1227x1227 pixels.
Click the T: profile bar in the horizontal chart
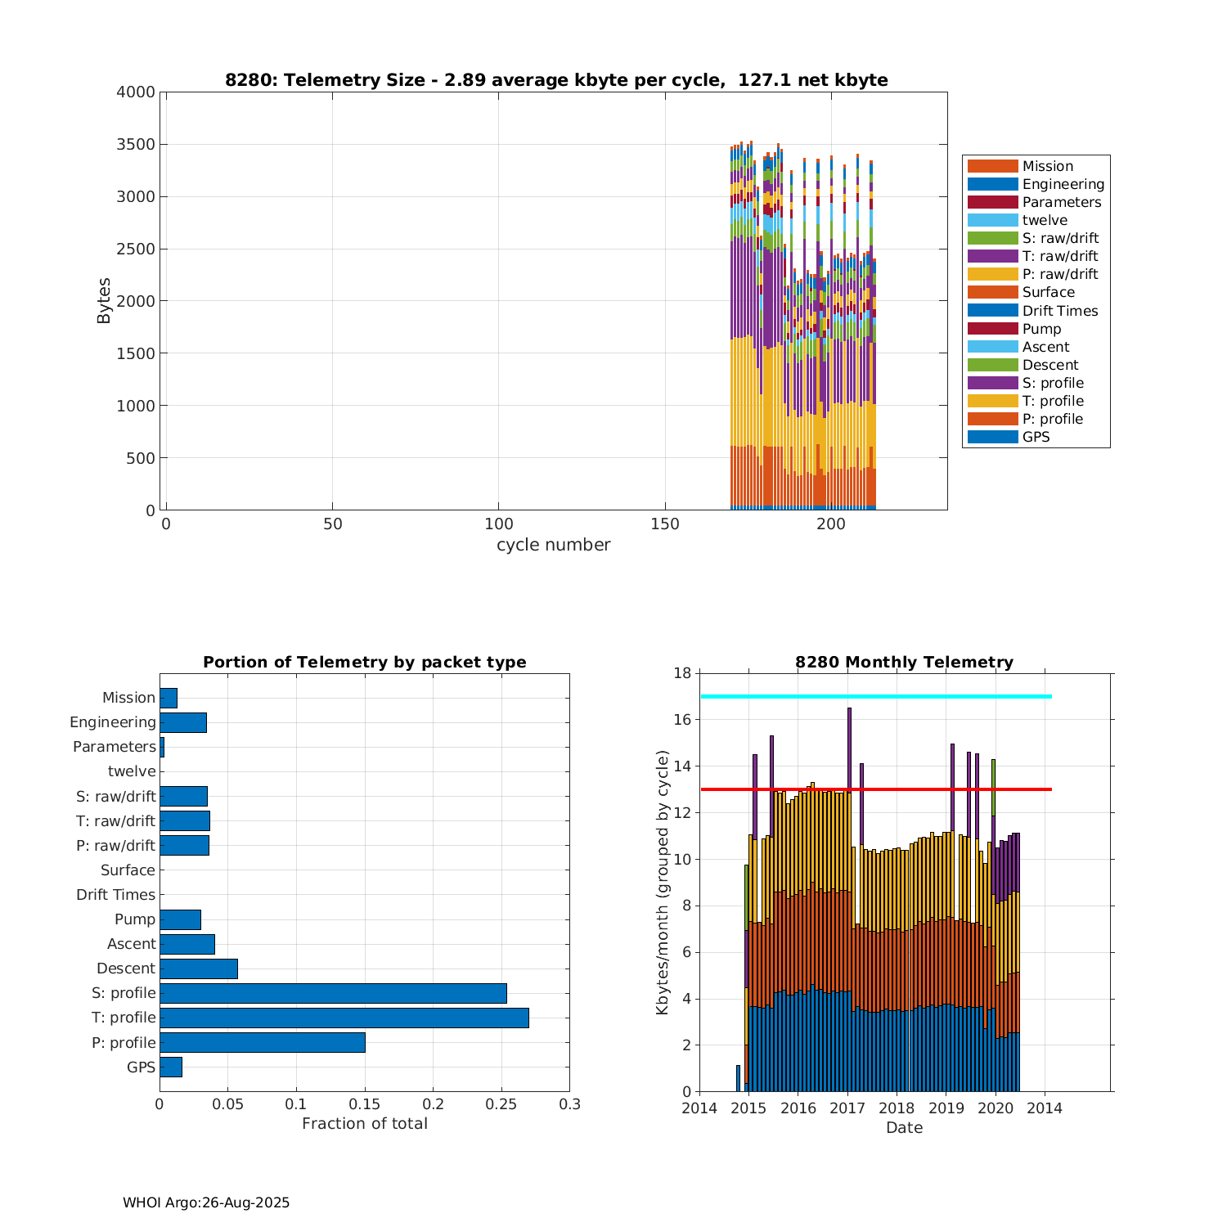coord(344,1018)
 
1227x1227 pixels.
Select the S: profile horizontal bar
coord(333,993)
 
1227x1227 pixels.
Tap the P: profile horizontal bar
coord(262,1042)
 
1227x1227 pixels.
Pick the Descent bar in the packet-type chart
coord(199,969)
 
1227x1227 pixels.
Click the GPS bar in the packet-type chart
coord(171,1067)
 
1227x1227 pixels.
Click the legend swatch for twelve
coord(992,220)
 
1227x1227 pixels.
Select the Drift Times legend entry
coord(1059,311)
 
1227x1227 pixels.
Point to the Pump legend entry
coord(1041,329)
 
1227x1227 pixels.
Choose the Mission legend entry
coord(1047,166)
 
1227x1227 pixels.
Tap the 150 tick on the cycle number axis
coord(665,524)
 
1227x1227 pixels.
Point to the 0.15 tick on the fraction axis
coord(365,1104)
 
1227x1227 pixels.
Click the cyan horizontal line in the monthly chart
coord(875,696)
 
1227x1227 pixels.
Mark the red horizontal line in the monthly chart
coord(875,789)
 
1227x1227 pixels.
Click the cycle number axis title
coord(553,545)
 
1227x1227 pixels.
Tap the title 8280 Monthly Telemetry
coord(904,662)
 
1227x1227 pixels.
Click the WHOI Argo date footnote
coord(206,1202)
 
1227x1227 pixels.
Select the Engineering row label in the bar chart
coord(112,722)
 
